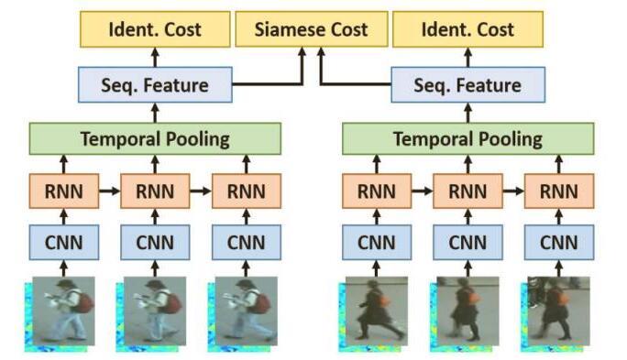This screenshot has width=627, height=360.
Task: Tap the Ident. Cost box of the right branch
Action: click(x=467, y=29)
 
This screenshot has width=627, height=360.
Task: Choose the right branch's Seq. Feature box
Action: click(x=467, y=85)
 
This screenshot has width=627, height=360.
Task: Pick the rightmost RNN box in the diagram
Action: click(x=558, y=192)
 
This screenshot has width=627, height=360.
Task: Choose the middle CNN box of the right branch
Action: click(x=467, y=243)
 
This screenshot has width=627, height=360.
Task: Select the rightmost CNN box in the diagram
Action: click(x=558, y=243)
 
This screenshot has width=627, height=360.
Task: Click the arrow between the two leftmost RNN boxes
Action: click(x=108, y=192)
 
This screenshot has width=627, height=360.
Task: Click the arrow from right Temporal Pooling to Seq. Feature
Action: click(x=467, y=113)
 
